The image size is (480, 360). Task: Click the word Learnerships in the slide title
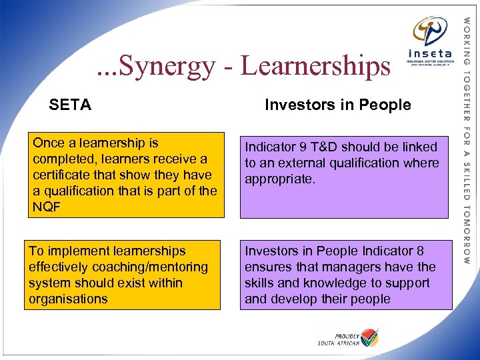click(315, 66)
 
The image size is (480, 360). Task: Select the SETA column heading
click(70, 105)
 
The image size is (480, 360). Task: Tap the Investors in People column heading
click(338, 105)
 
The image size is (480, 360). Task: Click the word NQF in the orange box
click(47, 207)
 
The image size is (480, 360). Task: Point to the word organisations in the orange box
click(68, 299)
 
